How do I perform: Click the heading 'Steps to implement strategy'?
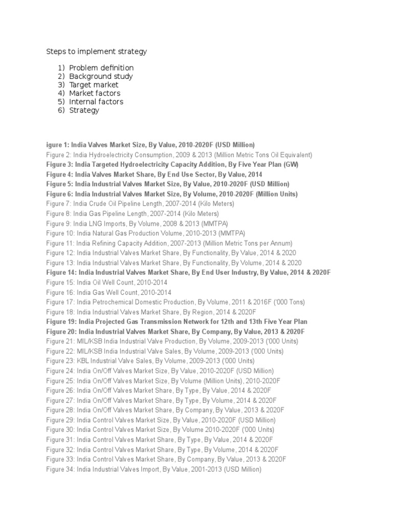click(x=97, y=51)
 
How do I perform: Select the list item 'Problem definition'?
click(x=101, y=68)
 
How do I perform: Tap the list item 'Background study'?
click(x=101, y=76)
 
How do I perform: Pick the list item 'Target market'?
click(x=94, y=84)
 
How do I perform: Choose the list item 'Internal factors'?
click(x=96, y=101)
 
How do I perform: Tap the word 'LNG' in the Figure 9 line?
click(x=98, y=224)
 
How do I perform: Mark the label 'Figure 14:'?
click(x=61, y=272)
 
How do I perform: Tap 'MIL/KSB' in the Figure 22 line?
click(x=89, y=351)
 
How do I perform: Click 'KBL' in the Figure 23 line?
click(x=82, y=361)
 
